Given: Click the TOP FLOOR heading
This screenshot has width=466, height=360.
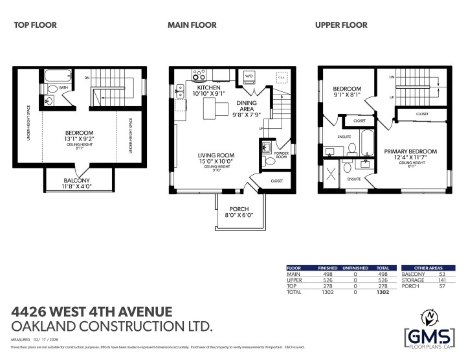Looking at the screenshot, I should coord(36,25).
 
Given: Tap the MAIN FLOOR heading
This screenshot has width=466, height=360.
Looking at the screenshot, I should coord(192,25).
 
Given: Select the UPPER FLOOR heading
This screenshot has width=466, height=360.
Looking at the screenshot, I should coord(341,25).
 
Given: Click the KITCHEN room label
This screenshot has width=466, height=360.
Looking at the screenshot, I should coord(209,87).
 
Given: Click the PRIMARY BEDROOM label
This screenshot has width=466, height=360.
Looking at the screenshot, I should coord(414,152).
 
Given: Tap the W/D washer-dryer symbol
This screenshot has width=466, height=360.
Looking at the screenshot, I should coord(249,76).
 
